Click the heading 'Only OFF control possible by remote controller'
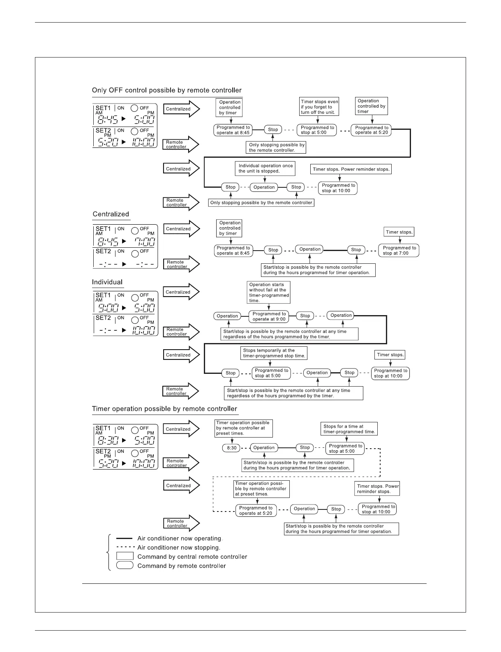click(x=166, y=90)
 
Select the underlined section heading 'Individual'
click(x=107, y=282)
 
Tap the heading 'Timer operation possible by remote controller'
click(x=164, y=409)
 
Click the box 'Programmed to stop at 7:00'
click(x=399, y=251)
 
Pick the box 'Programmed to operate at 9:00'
click(x=269, y=316)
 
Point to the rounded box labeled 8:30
click(x=232, y=448)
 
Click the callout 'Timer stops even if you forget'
click(x=319, y=107)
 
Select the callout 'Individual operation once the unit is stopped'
click(x=266, y=168)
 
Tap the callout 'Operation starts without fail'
click(x=269, y=292)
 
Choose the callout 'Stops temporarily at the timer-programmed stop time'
click(x=274, y=353)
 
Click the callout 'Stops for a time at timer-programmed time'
click(x=349, y=429)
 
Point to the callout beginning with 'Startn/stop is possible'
click(x=297, y=465)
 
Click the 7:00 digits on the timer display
click(x=145, y=242)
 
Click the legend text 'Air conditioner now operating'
click(x=180, y=538)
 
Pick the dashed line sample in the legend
click(x=125, y=547)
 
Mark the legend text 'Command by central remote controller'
click(x=192, y=557)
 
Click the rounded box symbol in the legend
click(x=125, y=565)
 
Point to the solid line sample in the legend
click(x=125, y=538)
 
